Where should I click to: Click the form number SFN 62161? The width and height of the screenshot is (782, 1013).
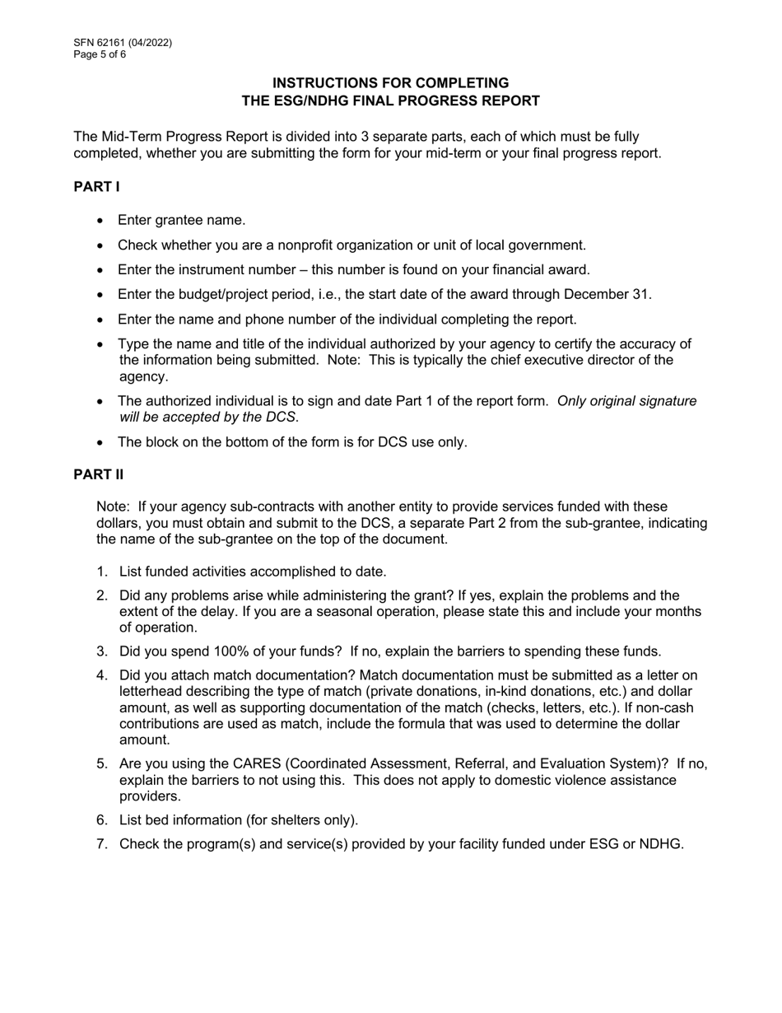click(x=105, y=43)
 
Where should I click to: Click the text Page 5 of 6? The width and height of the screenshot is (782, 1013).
click(x=100, y=54)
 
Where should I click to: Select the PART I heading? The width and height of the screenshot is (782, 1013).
click(x=96, y=187)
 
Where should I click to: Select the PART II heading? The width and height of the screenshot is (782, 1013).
click(x=98, y=474)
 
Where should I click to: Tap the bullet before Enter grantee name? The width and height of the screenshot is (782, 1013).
click(x=100, y=221)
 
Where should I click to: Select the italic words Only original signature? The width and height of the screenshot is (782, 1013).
click(x=626, y=401)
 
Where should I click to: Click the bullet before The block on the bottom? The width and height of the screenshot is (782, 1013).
click(x=100, y=442)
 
